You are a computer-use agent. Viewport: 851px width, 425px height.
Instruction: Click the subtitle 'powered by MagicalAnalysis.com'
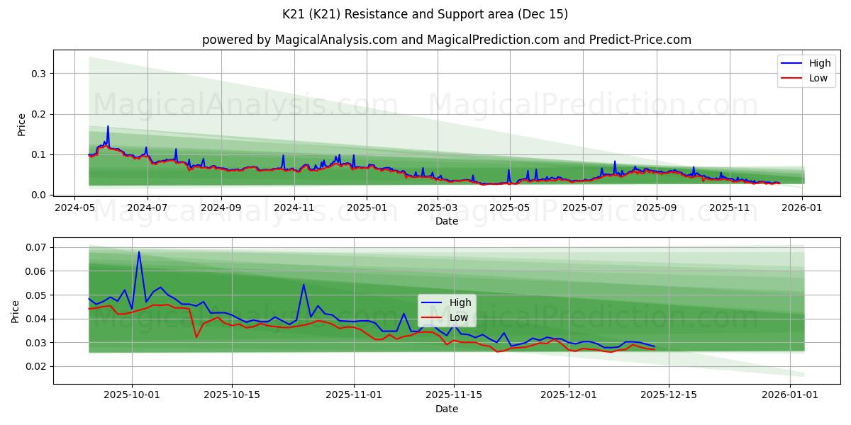click(x=299, y=40)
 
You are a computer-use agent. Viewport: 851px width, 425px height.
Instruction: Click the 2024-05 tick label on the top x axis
click(x=75, y=208)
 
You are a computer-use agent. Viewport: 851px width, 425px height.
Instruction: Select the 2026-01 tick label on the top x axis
click(x=802, y=208)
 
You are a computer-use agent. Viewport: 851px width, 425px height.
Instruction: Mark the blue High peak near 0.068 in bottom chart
click(x=139, y=251)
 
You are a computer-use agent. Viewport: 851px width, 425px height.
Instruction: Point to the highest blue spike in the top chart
click(x=108, y=126)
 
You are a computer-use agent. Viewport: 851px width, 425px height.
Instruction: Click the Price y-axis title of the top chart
click(x=21, y=125)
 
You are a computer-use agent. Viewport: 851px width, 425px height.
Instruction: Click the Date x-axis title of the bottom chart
click(x=446, y=409)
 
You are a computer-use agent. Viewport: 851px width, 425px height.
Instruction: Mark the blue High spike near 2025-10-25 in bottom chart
click(x=304, y=285)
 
